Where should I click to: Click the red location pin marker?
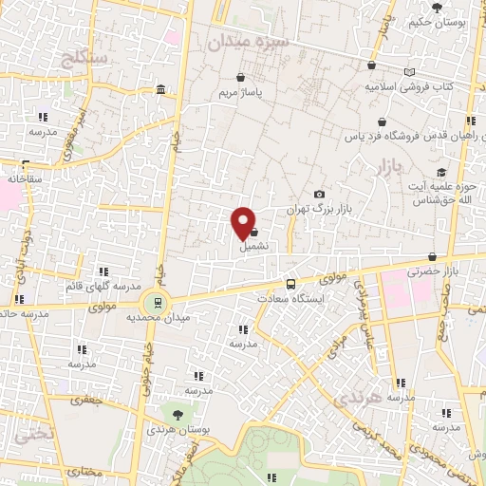click(244, 221)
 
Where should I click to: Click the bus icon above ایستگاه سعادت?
click(290, 284)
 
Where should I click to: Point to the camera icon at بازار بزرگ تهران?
click(319, 194)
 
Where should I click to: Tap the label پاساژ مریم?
click(240, 93)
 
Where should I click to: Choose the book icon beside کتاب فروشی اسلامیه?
click(409, 72)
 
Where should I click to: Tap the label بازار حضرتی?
click(432, 271)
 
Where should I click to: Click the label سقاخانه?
click(26, 178)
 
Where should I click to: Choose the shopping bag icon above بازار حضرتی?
click(432, 255)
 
